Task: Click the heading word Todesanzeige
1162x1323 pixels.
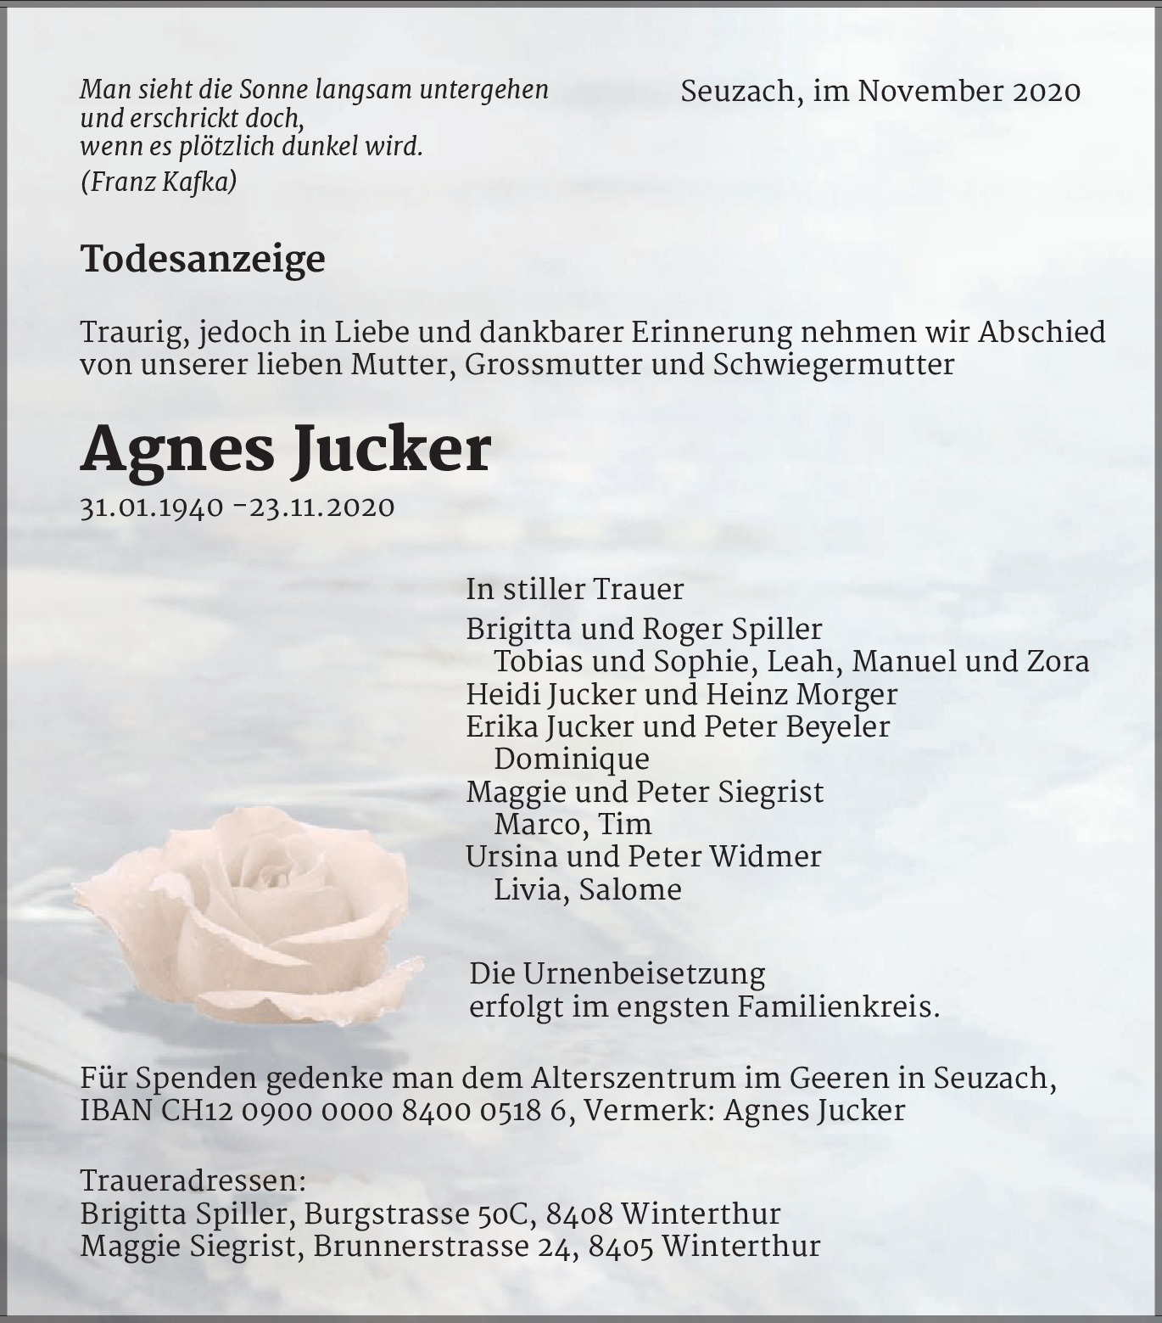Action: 203,259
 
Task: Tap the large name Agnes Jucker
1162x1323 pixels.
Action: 286,449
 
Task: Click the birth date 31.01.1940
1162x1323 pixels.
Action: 152,507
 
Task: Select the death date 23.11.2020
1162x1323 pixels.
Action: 322,507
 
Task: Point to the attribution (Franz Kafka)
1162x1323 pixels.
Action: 159,182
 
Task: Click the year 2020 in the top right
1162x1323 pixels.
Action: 1046,92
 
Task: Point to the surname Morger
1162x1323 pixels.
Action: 846,694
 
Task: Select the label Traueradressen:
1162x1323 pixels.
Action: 193,1180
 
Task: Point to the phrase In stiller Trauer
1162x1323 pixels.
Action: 574,589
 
